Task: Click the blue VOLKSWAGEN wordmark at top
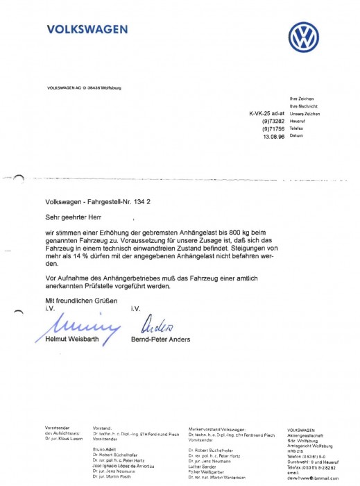(87, 29)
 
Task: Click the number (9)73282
(272, 121)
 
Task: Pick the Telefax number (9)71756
(272, 129)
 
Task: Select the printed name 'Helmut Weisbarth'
(68, 340)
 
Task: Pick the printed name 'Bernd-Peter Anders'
(160, 340)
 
